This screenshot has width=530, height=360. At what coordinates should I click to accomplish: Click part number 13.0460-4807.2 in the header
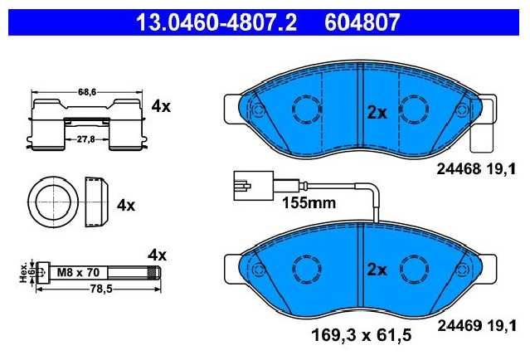pos(216,22)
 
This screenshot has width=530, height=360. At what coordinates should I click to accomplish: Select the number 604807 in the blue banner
pos(362,22)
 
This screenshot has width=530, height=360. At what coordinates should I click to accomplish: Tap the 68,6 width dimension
pos(87,91)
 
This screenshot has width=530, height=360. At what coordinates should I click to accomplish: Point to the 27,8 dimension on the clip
pos(86,139)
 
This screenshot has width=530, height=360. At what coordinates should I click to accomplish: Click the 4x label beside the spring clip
pos(161,107)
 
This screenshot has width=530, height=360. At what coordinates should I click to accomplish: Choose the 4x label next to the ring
pos(126,205)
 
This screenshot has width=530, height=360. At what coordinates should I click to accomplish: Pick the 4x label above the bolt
pos(157,255)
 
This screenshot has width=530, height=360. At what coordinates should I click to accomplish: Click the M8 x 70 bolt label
pos(78,272)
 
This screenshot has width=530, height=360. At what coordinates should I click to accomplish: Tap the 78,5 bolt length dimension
pos(101,289)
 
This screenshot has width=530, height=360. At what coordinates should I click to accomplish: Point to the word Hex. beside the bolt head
pos(23,272)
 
